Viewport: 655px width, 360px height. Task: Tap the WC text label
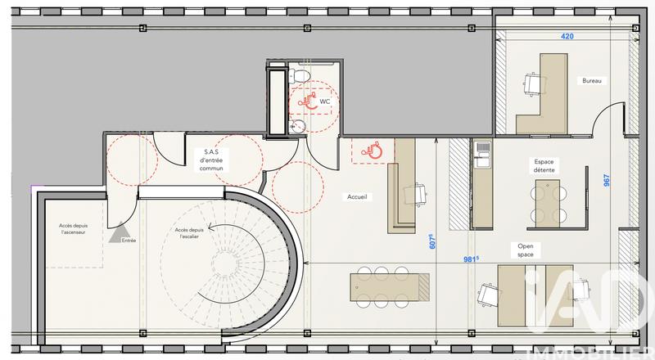tap(325, 101)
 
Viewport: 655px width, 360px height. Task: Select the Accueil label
tap(357, 196)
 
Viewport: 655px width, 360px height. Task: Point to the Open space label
tap(526, 250)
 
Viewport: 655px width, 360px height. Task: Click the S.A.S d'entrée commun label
tap(217, 160)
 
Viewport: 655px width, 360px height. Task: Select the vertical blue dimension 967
tap(607, 179)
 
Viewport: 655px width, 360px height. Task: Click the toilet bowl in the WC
tap(300, 76)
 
